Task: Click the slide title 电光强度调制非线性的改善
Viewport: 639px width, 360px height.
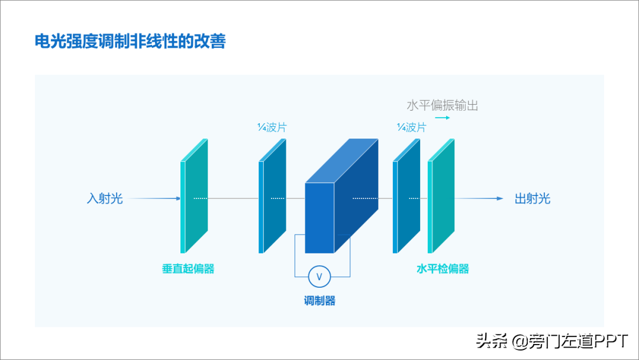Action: click(x=130, y=41)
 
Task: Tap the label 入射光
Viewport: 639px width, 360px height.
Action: click(x=105, y=198)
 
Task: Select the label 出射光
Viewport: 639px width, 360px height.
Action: click(x=532, y=198)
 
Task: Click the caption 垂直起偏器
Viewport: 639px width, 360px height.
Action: click(x=188, y=269)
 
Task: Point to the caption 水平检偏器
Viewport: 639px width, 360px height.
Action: click(x=443, y=269)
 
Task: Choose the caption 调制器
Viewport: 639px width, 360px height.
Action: click(x=319, y=301)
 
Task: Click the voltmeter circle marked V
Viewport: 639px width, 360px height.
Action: click(x=319, y=277)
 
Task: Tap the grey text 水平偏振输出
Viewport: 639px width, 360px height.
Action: click(x=442, y=105)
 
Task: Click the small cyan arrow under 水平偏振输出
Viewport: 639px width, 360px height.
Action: click(x=443, y=118)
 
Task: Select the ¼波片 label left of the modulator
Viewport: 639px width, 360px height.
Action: click(x=272, y=128)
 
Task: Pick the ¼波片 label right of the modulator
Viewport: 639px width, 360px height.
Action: click(x=411, y=128)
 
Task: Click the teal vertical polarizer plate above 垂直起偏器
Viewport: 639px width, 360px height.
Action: click(x=195, y=196)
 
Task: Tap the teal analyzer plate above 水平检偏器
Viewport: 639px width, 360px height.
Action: click(x=441, y=196)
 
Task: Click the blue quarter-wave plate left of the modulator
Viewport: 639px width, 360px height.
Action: click(x=272, y=196)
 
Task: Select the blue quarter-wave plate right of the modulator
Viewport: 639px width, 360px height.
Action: click(x=406, y=196)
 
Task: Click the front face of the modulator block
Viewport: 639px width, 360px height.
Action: click(x=319, y=218)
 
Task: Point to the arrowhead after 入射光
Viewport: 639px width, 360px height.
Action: click(x=178, y=198)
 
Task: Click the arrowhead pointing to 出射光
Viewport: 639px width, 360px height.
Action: click(x=500, y=198)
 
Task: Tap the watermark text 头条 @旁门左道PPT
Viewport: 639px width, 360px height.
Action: click(x=552, y=341)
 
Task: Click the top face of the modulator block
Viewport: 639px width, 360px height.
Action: click(x=341, y=160)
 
